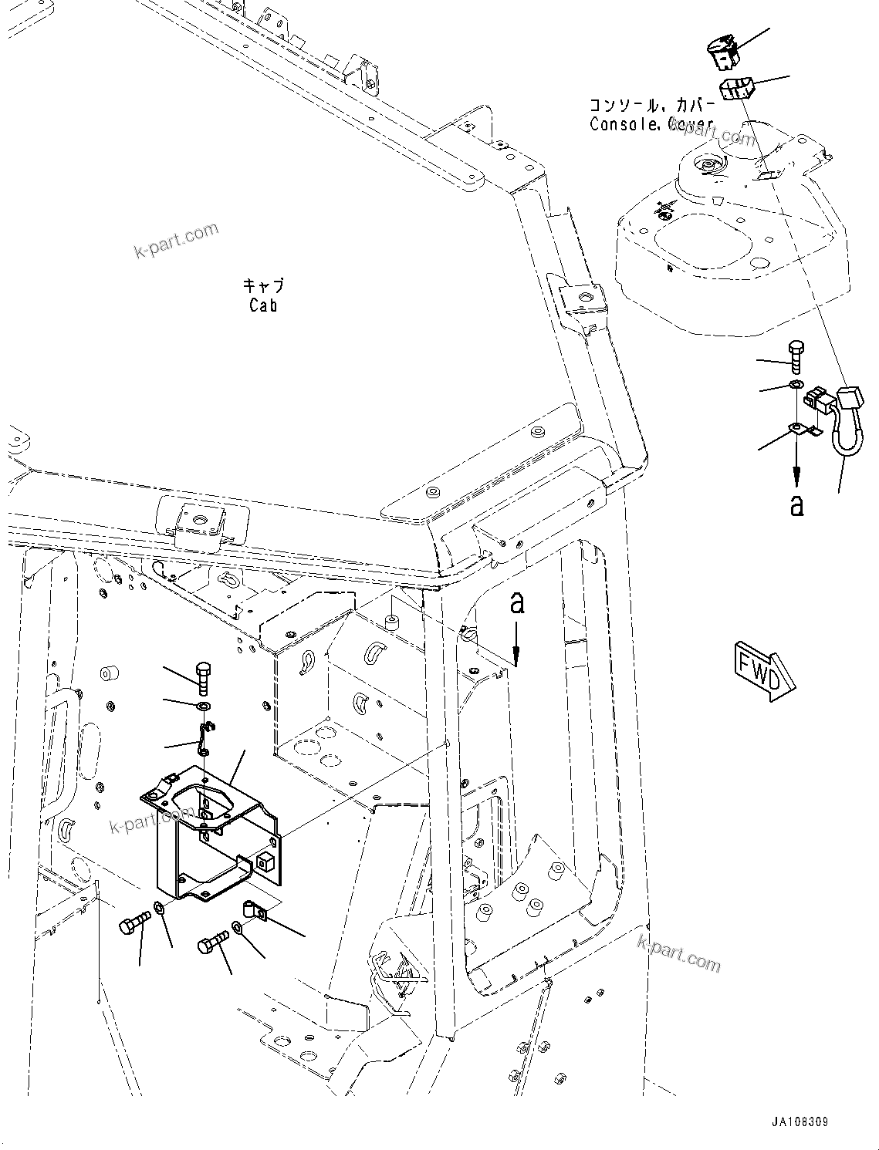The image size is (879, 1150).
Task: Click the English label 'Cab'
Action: point(263,305)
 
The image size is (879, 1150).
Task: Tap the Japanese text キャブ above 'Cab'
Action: point(263,286)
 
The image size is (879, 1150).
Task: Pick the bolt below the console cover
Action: point(796,356)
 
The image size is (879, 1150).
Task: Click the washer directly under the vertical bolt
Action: point(203,707)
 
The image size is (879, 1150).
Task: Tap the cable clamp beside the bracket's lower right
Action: point(253,911)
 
